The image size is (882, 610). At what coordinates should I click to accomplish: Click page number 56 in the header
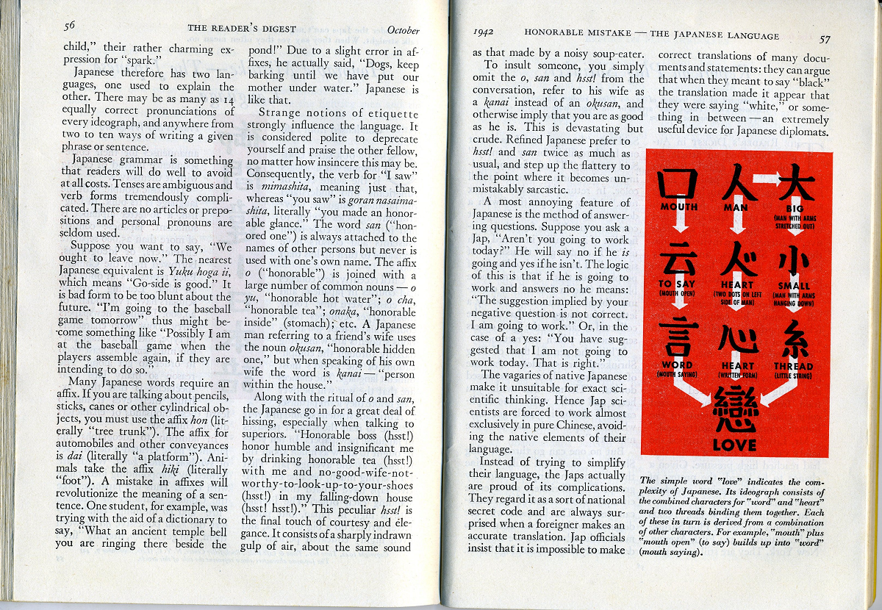point(70,26)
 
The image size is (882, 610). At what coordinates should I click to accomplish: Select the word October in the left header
point(403,31)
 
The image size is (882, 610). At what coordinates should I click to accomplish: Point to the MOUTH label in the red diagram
point(678,207)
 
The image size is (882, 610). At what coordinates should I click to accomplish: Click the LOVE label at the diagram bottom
point(734,445)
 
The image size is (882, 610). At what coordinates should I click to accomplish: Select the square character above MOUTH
point(677,183)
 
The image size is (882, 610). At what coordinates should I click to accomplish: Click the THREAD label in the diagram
point(793,366)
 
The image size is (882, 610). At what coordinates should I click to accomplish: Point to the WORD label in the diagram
point(677,365)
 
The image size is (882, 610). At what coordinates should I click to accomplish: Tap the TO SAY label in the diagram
point(676,284)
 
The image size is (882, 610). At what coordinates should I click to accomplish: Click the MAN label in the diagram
point(736,208)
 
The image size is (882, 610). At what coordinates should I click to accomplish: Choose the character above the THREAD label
point(794,340)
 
